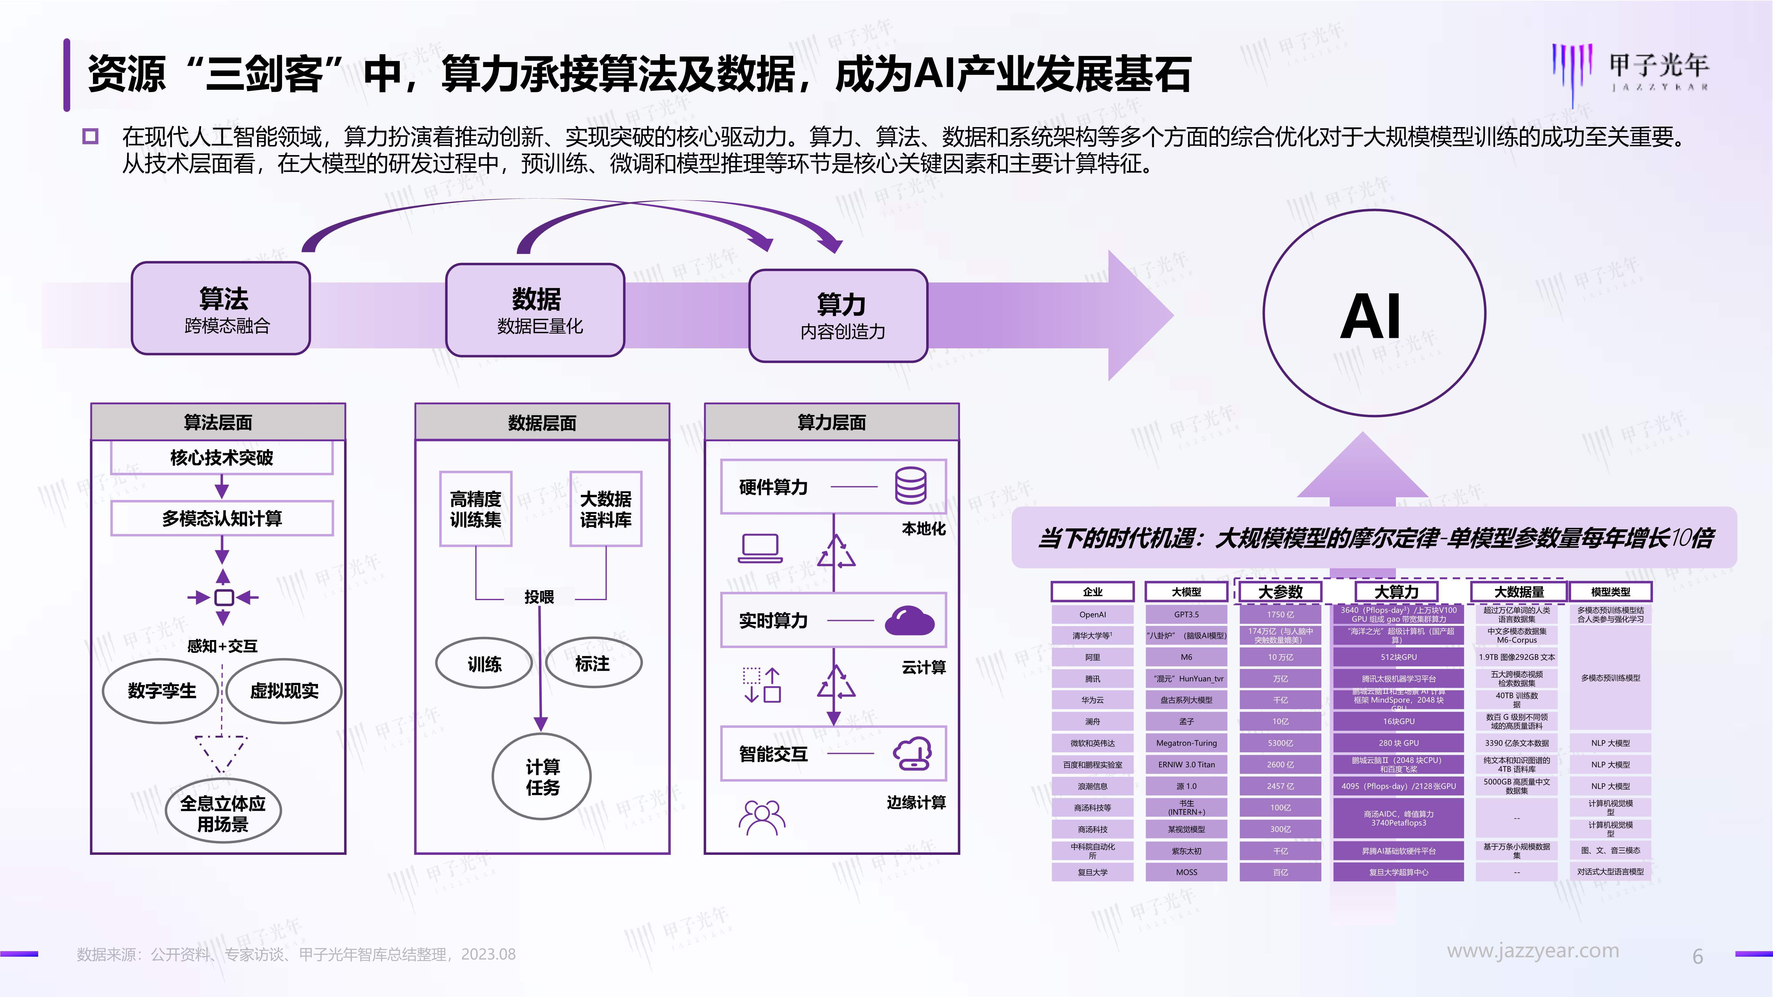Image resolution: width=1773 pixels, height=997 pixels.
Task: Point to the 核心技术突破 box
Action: [222, 458]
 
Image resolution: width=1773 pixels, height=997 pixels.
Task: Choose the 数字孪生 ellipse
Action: [162, 691]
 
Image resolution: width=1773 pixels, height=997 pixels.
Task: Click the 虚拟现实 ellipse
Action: [283, 691]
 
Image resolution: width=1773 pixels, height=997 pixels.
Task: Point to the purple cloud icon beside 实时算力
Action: [909, 621]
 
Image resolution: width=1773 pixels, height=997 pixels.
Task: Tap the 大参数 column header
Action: [1280, 592]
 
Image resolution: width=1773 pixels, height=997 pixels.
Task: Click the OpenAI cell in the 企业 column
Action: [1092, 615]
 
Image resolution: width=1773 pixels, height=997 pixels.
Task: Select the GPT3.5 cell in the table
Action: [1186, 615]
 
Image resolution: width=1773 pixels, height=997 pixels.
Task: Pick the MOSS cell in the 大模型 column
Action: [1186, 872]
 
